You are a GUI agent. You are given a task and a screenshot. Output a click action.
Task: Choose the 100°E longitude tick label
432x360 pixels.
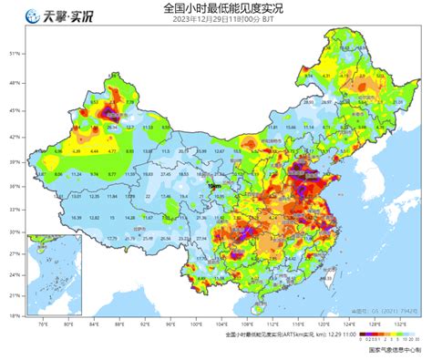coord(197,323)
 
